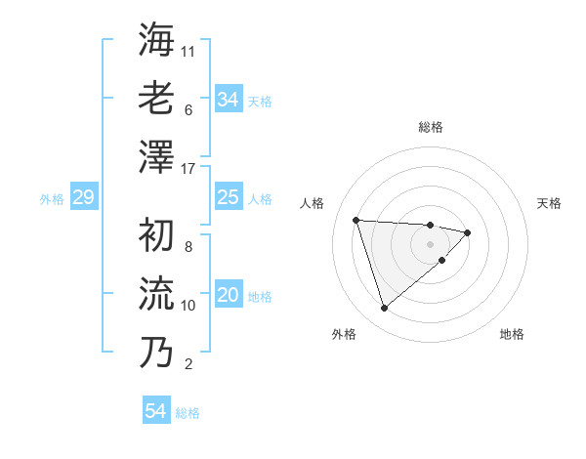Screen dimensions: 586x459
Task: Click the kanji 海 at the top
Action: (156, 40)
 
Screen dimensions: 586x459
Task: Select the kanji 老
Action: (156, 99)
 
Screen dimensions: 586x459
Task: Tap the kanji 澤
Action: (156, 157)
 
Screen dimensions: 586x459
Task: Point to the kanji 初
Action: (156, 235)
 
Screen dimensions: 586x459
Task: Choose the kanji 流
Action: (156, 294)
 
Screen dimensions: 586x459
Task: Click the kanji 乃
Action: (156, 353)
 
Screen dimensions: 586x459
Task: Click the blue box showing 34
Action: (228, 99)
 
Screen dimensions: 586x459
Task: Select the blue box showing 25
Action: (228, 198)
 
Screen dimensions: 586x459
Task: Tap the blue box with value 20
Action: (228, 296)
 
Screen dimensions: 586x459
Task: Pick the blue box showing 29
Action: (82, 198)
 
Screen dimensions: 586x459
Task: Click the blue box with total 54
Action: (155, 412)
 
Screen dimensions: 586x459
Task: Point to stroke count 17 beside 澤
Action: (189, 169)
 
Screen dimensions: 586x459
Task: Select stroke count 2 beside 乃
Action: (188, 364)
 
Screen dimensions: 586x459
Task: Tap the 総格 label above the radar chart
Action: (430, 127)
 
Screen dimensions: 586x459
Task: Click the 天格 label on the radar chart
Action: (549, 203)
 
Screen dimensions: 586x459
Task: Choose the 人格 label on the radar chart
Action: (312, 203)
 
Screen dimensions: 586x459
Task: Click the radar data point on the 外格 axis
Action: (384, 308)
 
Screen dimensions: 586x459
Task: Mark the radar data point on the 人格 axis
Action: (356, 220)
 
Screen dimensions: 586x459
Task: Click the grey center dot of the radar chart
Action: (430, 243)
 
